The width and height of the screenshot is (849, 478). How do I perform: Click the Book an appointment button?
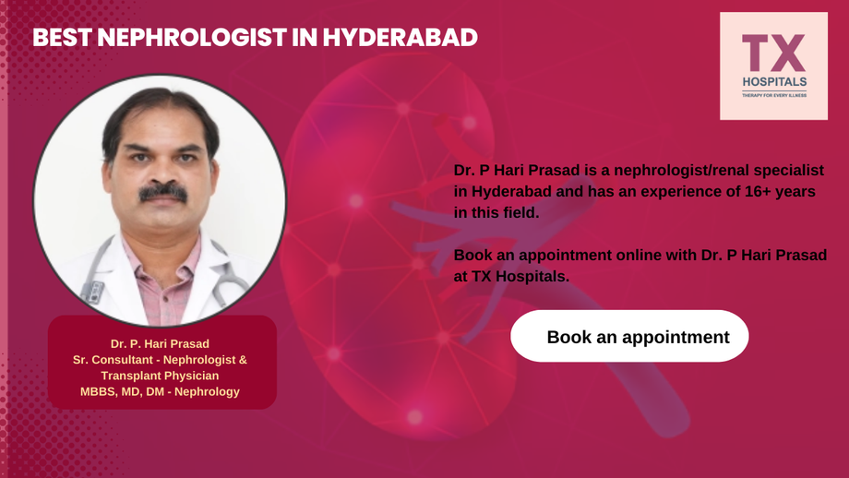pyautogui.click(x=629, y=337)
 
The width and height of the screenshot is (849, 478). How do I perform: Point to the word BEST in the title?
pyautogui.click(x=61, y=38)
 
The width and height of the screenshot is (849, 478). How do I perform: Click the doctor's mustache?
pyautogui.click(x=163, y=192)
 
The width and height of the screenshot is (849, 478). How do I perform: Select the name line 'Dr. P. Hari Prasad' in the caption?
pyautogui.click(x=161, y=344)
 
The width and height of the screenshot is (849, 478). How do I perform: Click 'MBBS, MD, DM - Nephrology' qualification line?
pyautogui.click(x=161, y=391)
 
